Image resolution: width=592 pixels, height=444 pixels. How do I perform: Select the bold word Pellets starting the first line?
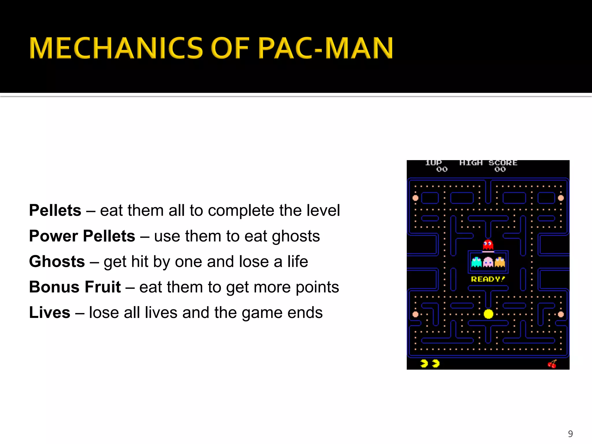click(x=55, y=210)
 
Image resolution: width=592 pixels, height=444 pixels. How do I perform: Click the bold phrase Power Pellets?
click(x=82, y=236)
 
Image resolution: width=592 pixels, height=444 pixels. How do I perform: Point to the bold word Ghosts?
click(x=57, y=261)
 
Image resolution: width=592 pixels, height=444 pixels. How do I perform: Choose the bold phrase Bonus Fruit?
click(x=75, y=287)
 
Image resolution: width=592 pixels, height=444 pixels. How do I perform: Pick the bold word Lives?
click(x=50, y=312)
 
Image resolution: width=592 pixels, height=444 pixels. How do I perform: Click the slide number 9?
click(x=570, y=434)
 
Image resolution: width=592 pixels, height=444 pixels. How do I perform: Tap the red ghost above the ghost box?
click(x=488, y=245)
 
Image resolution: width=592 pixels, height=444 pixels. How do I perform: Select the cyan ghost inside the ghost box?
click(x=476, y=262)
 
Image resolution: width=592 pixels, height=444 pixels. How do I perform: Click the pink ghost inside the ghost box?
click(x=488, y=262)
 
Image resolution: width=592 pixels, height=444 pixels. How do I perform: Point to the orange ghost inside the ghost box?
click(x=500, y=262)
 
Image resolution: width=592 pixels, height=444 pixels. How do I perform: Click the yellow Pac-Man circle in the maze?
click(x=489, y=314)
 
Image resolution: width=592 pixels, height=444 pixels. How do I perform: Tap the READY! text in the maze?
click(x=488, y=279)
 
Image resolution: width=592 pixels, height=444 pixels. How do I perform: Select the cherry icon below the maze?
click(x=552, y=364)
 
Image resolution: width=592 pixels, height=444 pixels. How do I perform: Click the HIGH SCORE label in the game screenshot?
click(x=488, y=163)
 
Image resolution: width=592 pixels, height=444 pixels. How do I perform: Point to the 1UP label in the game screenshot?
click(x=433, y=163)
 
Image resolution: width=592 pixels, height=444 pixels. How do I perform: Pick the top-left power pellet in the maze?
click(x=415, y=198)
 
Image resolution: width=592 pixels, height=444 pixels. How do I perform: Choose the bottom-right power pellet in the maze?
click(x=561, y=314)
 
